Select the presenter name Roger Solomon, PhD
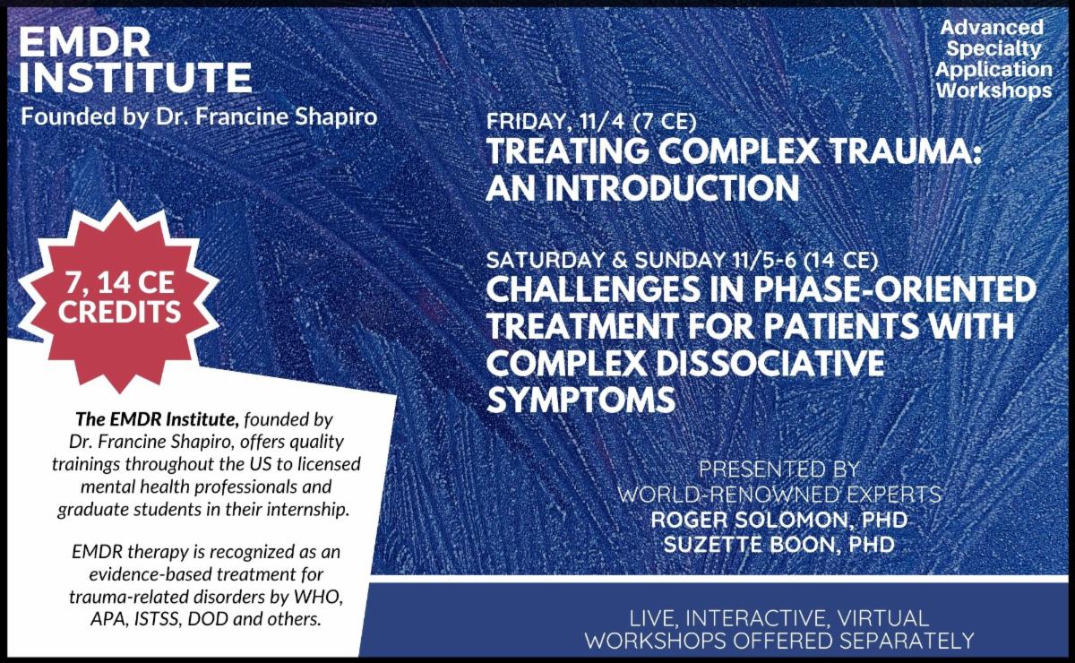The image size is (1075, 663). click(x=777, y=520)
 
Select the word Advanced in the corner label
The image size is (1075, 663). click(x=992, y=30)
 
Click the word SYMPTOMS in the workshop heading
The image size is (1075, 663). click(x=580, y=399)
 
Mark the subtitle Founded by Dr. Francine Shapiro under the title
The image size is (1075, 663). click(x=199, y=117)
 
